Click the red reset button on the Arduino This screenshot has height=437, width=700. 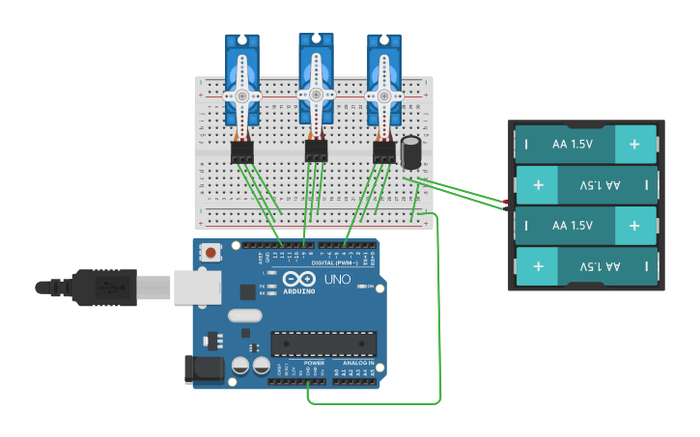(210, 253)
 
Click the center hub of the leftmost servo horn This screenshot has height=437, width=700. (241, 96)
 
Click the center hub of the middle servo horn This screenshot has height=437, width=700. (315, 95)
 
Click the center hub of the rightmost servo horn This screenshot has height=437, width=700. (383, 96)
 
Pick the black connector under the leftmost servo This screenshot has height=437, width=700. (241, 151)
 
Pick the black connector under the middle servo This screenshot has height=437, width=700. (316, 150)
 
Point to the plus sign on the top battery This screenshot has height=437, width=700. (633, 144)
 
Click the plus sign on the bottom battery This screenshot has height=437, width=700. (538, 264)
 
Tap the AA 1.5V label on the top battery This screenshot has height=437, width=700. (572, 144)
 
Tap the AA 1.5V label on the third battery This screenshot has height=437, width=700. (572, 225)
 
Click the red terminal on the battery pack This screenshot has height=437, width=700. (505, 200)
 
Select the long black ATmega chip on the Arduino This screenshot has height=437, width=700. (323, 342)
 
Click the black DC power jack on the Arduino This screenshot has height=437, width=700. (204, 369)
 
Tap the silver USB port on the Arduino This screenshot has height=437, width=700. (196, 287)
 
